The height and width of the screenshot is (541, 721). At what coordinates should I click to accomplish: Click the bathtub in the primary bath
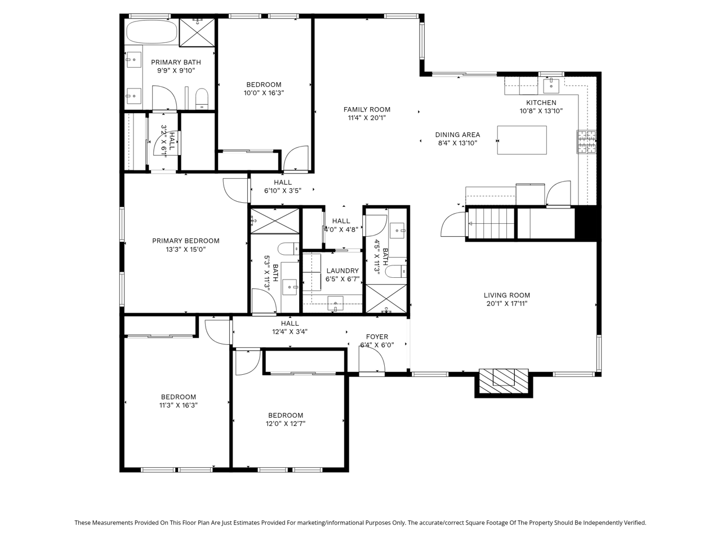[x=152, y=32]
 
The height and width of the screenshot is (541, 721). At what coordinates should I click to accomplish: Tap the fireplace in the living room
[x=504, y=381]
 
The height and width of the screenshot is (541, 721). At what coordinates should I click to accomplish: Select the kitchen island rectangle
[x=522, y=140]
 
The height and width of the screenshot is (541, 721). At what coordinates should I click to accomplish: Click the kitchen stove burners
[x=586, y=141]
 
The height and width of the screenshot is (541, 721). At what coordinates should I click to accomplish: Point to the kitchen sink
[x=551, y=86]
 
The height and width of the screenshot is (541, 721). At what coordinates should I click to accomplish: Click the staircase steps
[x=491, y=223]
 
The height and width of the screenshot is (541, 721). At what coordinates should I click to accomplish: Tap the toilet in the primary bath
[x=202, y=99]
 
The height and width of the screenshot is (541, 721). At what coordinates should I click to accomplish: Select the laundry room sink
[x=335, y=303]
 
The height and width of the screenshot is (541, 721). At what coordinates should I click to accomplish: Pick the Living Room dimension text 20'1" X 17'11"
[x=507, y=304]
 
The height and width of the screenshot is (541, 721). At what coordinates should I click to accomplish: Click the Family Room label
[x=367, y=109]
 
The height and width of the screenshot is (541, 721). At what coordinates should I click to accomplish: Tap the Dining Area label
[x=457, y=135]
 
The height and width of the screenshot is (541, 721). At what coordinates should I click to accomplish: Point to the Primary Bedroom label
[x=185, y=241]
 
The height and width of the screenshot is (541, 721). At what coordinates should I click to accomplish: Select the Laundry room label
[x=342, y=270]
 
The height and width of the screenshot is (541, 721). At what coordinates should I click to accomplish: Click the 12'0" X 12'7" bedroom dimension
[x=286, y=424]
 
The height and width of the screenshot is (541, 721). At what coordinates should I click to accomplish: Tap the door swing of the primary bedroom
[x=235, y=190]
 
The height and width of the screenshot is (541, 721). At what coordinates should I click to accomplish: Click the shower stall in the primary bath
[x=197, y=33]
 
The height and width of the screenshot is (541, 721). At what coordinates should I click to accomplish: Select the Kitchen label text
[x=541, y=103]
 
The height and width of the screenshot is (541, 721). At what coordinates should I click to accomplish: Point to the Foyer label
[x=377, y=336]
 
